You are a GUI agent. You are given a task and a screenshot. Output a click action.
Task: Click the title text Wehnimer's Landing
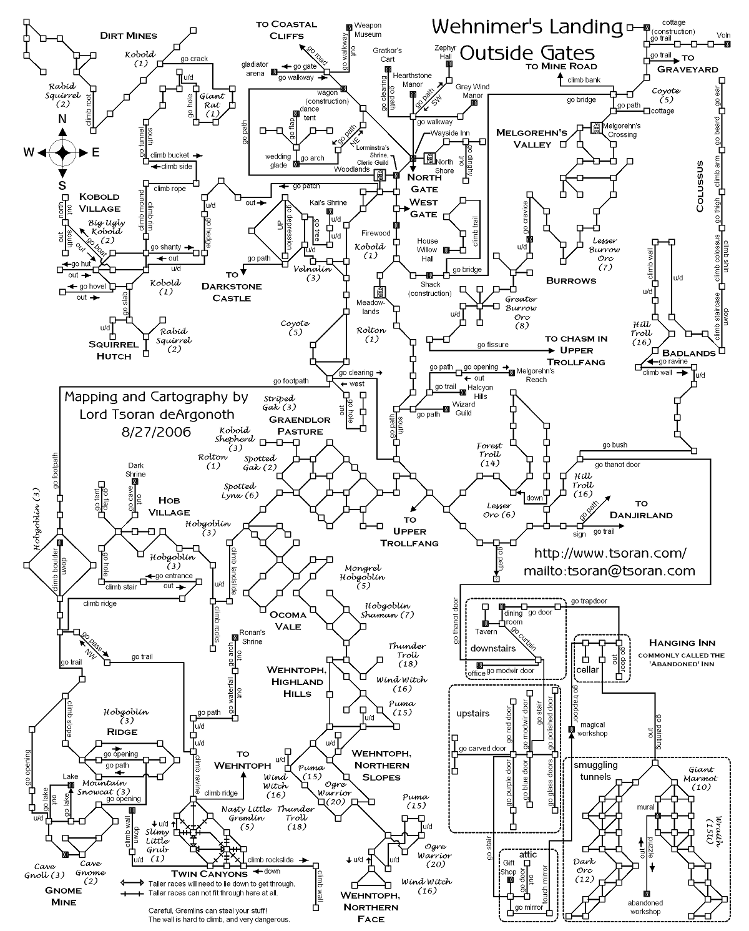[x=527, y=27]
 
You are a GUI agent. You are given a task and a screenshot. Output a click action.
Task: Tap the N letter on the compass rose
[x=62, y=119]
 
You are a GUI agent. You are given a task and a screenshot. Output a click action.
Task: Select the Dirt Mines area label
[x=129, y=36]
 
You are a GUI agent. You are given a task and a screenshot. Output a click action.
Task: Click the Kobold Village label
[x=99, y=202]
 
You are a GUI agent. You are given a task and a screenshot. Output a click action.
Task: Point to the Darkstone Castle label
[x=232, y=286]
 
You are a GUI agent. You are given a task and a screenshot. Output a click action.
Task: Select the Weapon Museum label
[x=368, y=30]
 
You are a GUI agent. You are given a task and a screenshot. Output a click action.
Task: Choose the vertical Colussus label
[x=700, y=187]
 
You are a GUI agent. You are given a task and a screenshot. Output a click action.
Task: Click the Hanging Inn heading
[x=682, y=643]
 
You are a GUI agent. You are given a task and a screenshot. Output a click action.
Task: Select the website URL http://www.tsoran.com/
[x=610, y=553]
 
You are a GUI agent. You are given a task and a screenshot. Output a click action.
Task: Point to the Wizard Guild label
[x=463, y=408]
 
